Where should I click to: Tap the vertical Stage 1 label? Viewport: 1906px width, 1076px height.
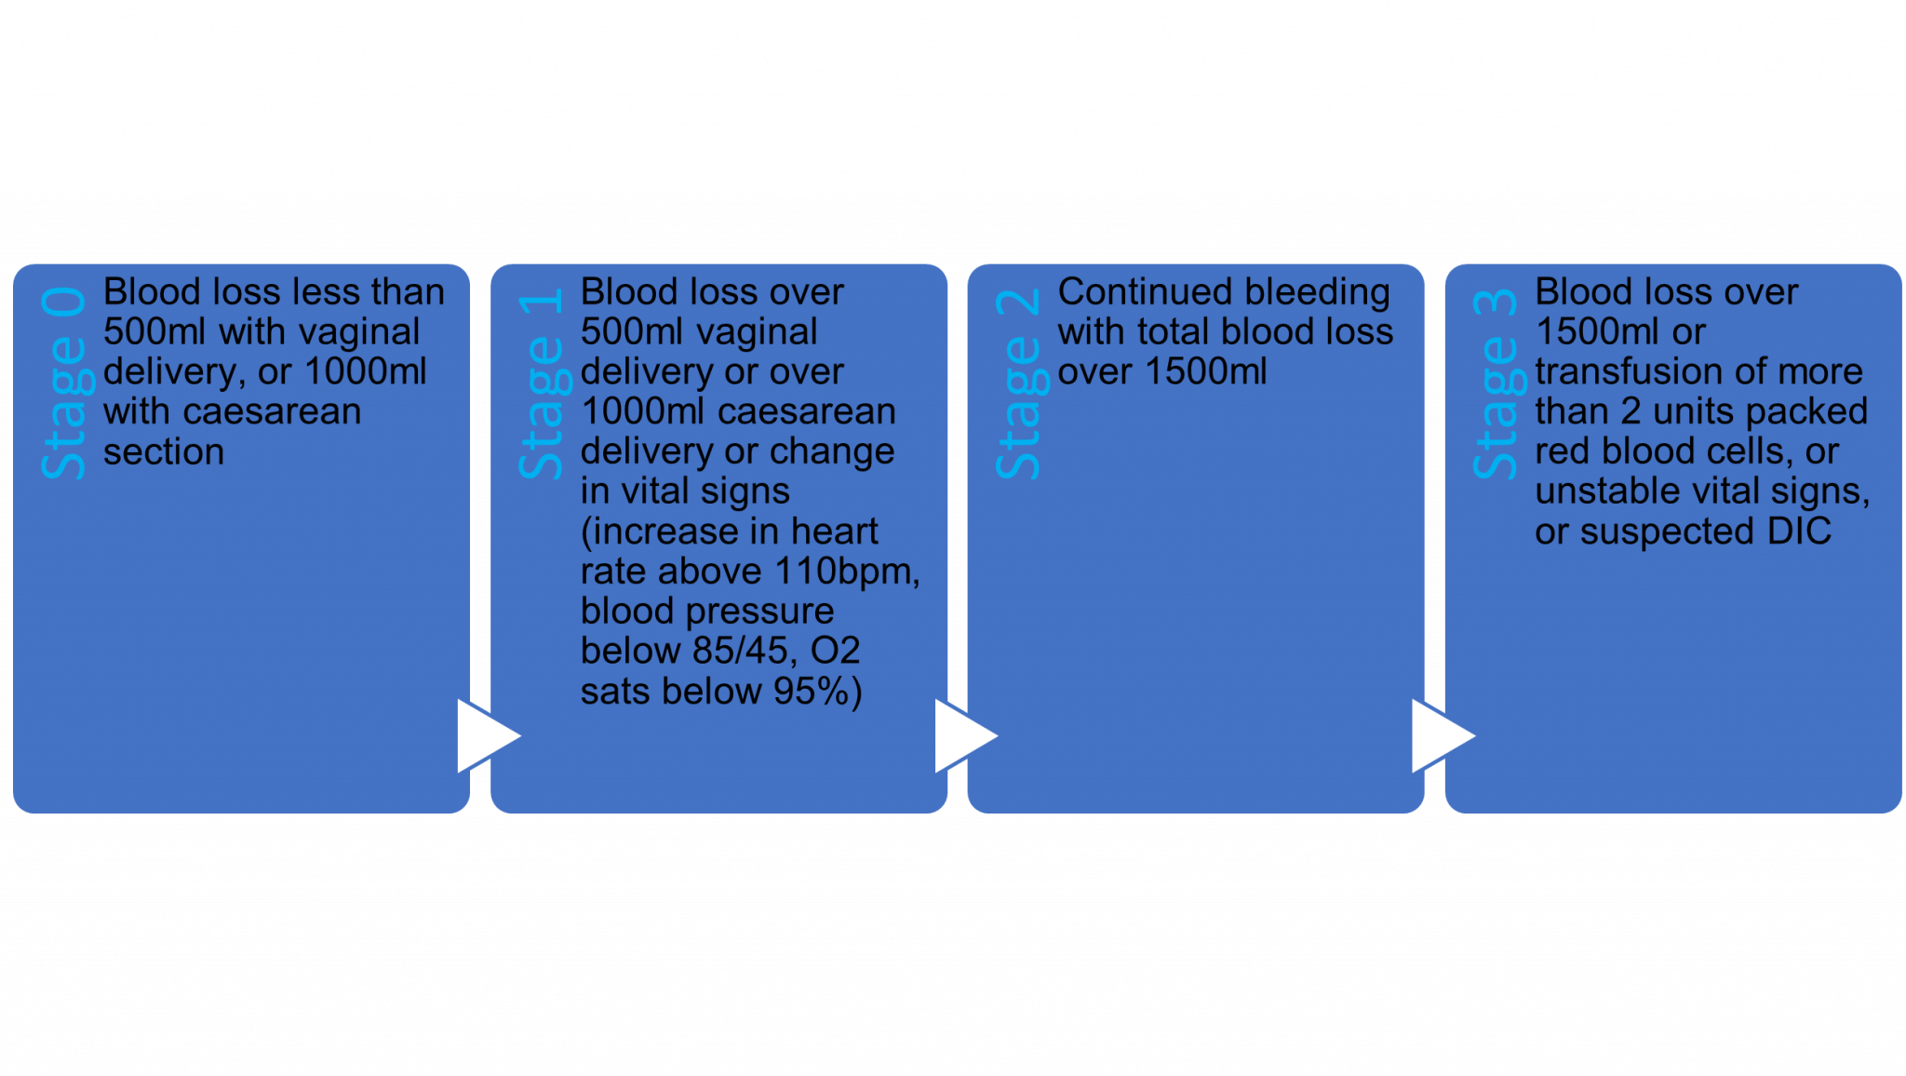tap(541, 383)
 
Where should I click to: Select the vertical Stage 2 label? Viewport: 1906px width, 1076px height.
tap(1018, 383)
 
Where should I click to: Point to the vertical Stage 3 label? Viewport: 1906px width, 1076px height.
tap(1496, 383)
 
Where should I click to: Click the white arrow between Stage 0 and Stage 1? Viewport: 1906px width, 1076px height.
tap(486, 736)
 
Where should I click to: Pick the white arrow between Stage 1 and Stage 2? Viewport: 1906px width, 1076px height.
tap(963, 736)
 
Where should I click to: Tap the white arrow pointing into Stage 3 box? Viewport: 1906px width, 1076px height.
tap(1441, 736)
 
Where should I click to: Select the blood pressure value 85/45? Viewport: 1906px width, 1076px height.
tap(740, 651)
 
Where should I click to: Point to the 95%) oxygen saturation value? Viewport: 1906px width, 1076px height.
tap(818, 692)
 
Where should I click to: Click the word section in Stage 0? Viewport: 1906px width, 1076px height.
tap(164, 452)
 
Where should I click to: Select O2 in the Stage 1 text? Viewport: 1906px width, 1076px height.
tap(835, 651)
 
